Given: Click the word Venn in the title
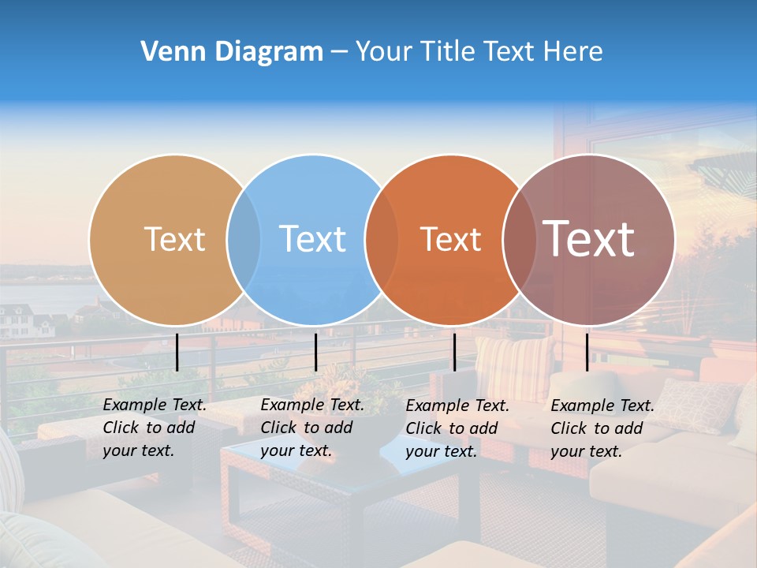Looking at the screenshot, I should [x=168, y=52].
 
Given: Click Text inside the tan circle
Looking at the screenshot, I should [x=174, y=239].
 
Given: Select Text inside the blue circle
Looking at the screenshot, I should [x=313, y=239].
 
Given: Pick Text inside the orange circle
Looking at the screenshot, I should [x=450, y=239].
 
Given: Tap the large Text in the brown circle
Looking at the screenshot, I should [x=589, y=238].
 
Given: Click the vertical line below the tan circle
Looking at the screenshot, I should [x=177, y=352].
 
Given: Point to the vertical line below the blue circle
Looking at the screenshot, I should [x=315, y=352].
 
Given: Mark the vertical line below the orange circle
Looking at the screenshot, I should [x=454, y=352].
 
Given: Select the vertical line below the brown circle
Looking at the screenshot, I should [x=587, y=352].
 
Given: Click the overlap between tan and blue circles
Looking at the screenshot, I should [x=244, y=240].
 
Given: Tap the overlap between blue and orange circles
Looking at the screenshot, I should [x=382, y=240].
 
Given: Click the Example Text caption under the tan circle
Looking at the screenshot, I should [x=155, y=428].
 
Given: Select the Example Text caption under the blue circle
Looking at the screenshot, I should [x=312, y=428].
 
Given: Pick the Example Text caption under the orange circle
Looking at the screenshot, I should [x=457, y=428].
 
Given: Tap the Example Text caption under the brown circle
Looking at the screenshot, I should [x=602, y=428].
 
